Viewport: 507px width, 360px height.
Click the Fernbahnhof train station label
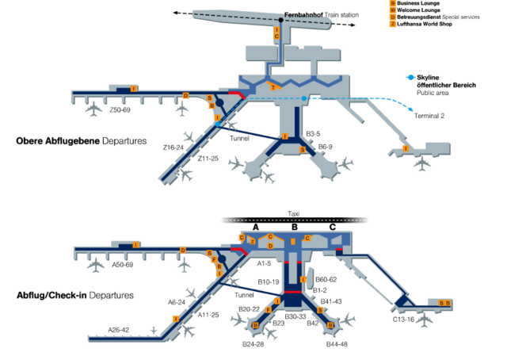pyautogui.click(x=314, y=15)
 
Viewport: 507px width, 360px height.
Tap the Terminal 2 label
pyautogui.click(x=430, y=117)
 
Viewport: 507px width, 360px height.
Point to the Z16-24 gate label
pyautogui.click(x=173, y=147)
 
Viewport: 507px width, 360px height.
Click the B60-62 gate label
pyautogui.click(x=326, y=279)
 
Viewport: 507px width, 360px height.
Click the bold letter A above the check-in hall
pyautogui.click(x=255, y=227)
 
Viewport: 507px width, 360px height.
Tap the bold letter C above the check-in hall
pyautogui.click(x=332, y=227)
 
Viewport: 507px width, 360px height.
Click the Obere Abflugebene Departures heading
pyautogui.click(x=82, y=141)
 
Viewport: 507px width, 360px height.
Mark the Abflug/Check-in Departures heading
pyautogui.click(x=75, y=296)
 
